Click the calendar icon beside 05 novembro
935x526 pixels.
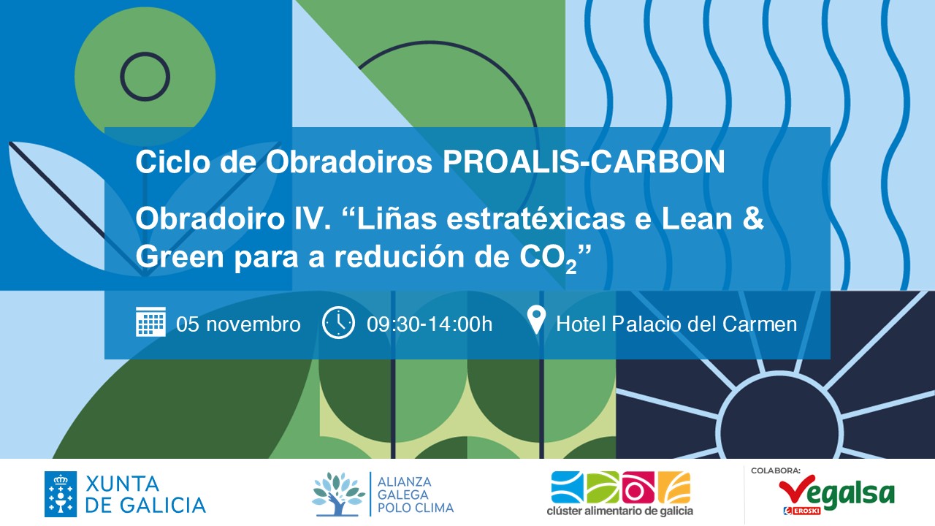(150, 321)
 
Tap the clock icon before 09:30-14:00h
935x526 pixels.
(338, 322)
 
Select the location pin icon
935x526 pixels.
(536, 320)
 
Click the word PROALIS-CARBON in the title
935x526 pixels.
(584, 162)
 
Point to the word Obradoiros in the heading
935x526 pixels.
(348, 162)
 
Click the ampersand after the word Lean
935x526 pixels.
(753, 218)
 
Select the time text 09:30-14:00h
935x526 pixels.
(430, 324)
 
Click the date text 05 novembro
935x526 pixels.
(238, 324)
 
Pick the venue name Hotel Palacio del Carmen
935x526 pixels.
(676, 324)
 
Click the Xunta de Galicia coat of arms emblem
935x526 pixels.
(61, 495)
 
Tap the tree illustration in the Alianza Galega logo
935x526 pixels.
(337, 495)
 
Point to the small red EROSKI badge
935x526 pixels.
(802, 511)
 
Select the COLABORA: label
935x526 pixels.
(776, 471)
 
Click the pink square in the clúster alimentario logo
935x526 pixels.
(638, 487)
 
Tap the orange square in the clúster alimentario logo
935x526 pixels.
(674, 487)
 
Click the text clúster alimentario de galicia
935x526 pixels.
(620, 511)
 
